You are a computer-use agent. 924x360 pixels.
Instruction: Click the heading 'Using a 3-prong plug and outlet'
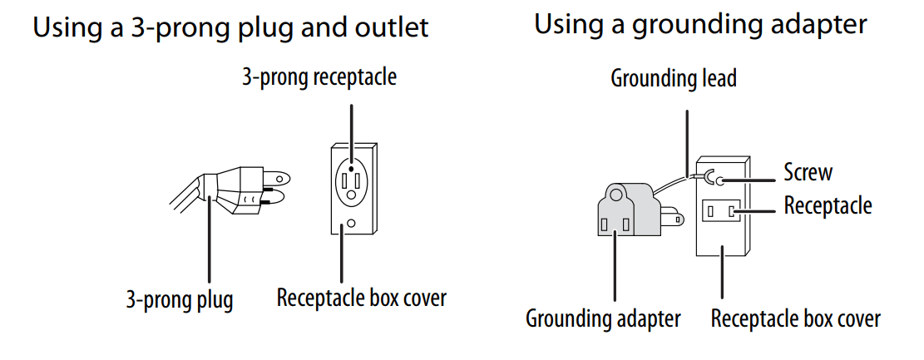tap(230, 27)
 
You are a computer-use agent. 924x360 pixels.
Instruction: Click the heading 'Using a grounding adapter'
tap(700, 24)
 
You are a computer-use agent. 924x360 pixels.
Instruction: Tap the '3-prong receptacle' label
tap(319, 78)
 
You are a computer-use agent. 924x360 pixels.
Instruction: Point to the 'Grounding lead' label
tap(674, 79)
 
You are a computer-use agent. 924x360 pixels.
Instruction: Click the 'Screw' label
tap(808, 172)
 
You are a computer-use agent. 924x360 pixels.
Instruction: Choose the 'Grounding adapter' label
tap(603, 318)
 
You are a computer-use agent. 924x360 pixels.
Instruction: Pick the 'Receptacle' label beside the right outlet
tap(828, 205)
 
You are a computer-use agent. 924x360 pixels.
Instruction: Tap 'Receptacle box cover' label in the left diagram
tap(362, 298)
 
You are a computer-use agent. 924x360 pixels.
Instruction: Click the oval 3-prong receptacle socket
tap(353, 178)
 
